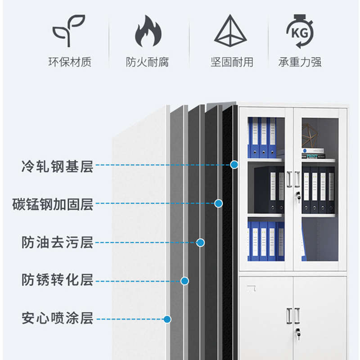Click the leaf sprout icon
[x=68, y=31]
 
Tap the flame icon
[x=148, y=31]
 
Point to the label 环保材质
[x=70, y=62]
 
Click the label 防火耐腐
[x=148, y=62]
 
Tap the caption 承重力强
[x=300, y=62]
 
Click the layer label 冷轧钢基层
[x=57, y=166]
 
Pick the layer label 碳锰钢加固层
[x=53, y=204]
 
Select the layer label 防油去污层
[x=57, y=242]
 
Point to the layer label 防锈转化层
[x=57, y=280]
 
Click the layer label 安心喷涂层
[x=57, y=318]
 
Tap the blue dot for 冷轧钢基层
[x=234, y=165]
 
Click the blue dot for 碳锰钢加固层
[x=218, y=203]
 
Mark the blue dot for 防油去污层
[x=201, y=243]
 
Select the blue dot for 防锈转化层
[x=184, y=281]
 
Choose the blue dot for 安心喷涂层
[x=167, y=319]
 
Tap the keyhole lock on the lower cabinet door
[x=297, y=333]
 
